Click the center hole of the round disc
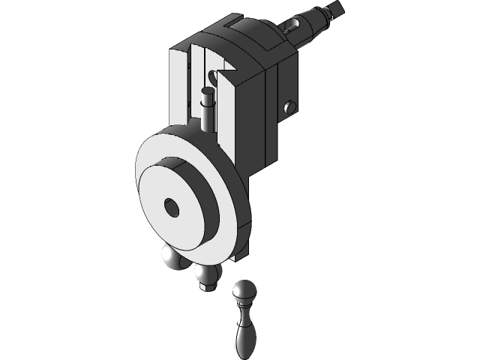pos(172,208)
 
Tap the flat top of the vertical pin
pos(208,91)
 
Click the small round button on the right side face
pos(289,108)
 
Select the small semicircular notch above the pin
pos(217,75)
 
